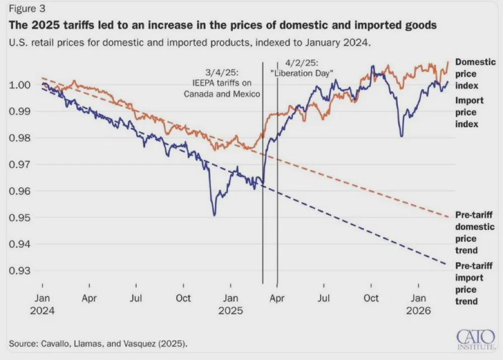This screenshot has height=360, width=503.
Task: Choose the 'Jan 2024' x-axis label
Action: pyautogui.click(x=42, y=304)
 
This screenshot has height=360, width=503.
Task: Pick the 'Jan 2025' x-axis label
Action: pyautogui.click(x=231, y=304)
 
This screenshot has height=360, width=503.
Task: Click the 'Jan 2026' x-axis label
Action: pyautogui.click(x=418, y=304)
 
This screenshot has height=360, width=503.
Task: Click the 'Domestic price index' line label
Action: pyautogui.click(x=474, y=74)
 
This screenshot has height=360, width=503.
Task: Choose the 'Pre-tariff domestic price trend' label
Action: pyautogui.click(x=474, y=232)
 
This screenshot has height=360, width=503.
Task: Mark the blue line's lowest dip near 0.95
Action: pyautogui.click(x=215, y=215)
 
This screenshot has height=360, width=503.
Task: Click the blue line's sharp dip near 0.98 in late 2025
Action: pyautogui.click(x=401, y=136)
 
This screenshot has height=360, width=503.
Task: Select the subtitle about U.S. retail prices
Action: pyautogui.click(x=190, y=43)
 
